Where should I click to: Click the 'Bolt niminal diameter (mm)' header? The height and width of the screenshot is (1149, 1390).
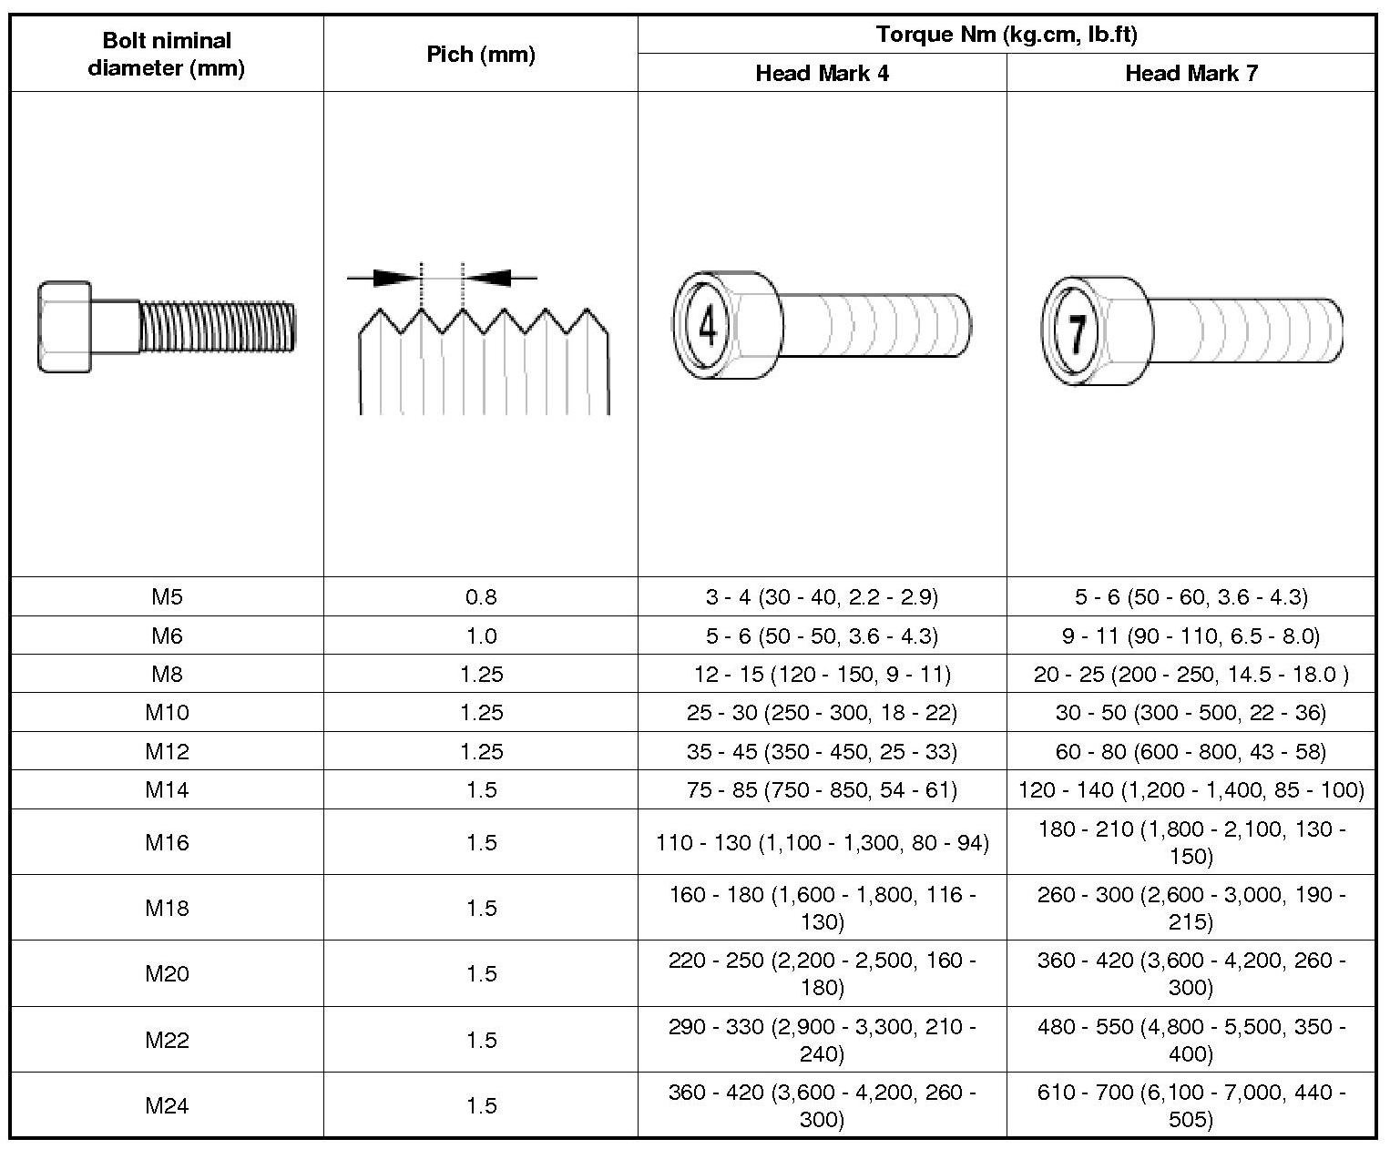tap(167, 54)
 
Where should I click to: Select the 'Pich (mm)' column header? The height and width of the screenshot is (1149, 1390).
tap(481, 55)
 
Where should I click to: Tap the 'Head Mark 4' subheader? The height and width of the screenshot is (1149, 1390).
tap(822, 74)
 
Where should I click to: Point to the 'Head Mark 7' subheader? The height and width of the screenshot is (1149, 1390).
tap(1191, 74)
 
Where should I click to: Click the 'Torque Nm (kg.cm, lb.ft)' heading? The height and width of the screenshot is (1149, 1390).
tap(1007, 36)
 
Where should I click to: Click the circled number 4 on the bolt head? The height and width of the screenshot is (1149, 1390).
tap(707, 325)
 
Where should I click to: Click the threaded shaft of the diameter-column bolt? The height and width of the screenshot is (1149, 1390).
tap(217, 326)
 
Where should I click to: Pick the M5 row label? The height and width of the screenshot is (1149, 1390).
tap(167, 597)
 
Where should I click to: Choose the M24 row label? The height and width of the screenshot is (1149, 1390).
tap(167, 1105)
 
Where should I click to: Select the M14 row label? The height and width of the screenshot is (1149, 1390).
tap(167, 789)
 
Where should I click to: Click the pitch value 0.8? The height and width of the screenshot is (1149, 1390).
tap(481, 597)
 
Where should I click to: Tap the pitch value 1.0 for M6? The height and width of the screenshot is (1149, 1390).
tap(481, 636)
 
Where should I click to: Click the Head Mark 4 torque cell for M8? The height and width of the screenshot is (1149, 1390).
tap(822, 675)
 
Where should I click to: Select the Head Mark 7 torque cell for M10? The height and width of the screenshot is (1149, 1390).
tap(1191, 713)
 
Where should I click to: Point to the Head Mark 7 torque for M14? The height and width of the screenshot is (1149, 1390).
tap(1191, 789)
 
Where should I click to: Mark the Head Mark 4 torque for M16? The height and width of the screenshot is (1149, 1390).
tap(822, 842)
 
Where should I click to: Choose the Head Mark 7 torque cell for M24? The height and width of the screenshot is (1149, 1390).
tap(1191, 1105)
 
